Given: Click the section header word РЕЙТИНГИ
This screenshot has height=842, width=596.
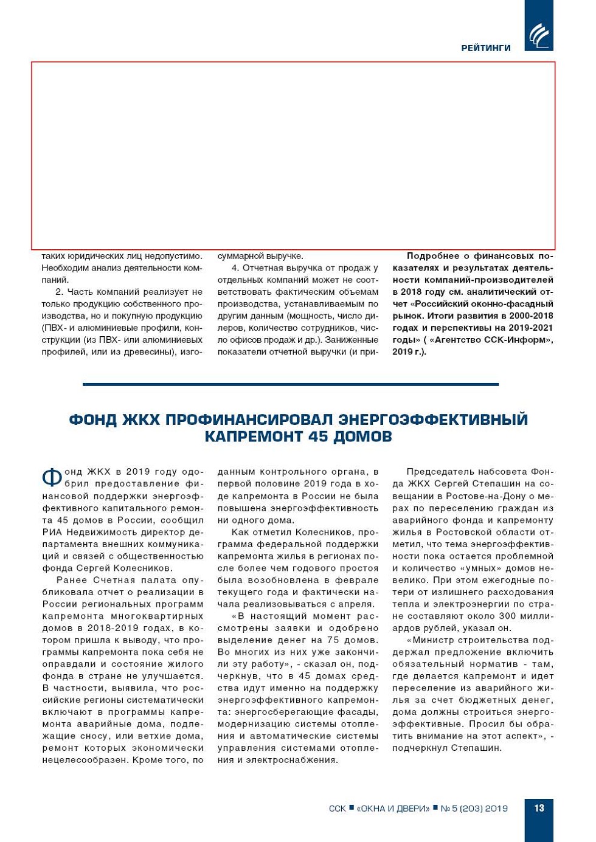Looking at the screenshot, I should click(x=485, y=48).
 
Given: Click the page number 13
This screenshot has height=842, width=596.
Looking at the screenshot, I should click(x=539, y=808).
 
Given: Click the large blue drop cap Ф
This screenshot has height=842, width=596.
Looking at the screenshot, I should click(x=52, y=477).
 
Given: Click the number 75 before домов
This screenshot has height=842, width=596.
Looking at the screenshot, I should click(x=334, y=640).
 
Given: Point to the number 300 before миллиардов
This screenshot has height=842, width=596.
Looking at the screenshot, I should click(x=507, y=616).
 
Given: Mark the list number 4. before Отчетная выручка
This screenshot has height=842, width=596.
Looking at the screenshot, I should click(x=235, y=268).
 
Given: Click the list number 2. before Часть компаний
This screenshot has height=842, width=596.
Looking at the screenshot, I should click(x=60, y=292).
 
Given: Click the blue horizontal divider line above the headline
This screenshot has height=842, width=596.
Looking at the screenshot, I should click(x=290, y=384).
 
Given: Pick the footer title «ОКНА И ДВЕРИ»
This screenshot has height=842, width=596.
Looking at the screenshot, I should click(x=393, y=809).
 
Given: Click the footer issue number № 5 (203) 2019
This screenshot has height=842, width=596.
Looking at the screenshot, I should click(x=474, y=809).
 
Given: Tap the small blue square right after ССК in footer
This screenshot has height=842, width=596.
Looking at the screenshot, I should click(x=352, y=808).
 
